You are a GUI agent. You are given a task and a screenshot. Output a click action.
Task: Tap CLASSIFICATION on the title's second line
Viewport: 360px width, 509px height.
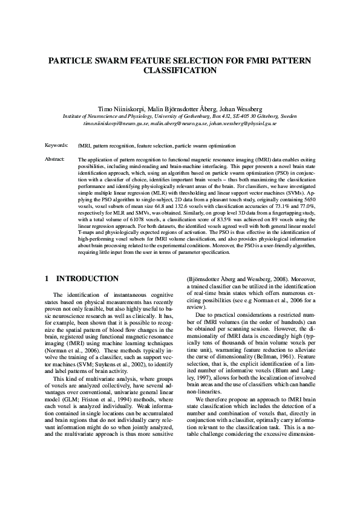[180, 70]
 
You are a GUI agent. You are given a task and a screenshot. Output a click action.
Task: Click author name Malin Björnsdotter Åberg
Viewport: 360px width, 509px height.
[183, 108]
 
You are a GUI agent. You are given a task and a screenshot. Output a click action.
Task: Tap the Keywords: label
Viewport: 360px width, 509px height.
[56, 146]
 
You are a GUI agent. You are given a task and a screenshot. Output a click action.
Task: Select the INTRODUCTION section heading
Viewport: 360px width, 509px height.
[87, 279]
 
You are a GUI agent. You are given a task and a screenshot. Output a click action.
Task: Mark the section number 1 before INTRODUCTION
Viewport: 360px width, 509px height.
[47, 279]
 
